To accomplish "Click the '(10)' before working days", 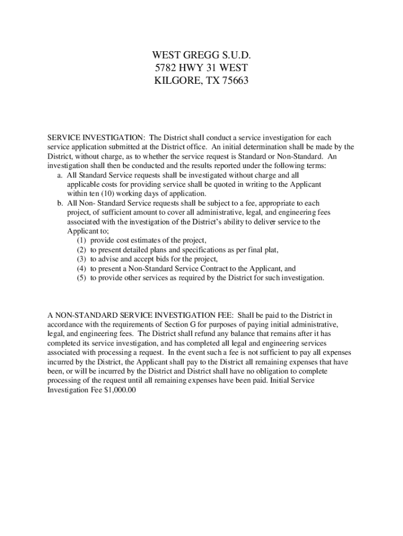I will pyautogui.click(x=100, y=194).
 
